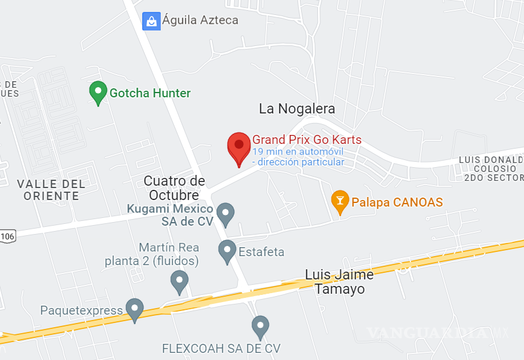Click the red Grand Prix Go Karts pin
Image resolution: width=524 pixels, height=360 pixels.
pyautogui.click(x=239, y=147)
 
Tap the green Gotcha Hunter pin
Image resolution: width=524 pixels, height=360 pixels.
pyautogui.click(x=98, y=93)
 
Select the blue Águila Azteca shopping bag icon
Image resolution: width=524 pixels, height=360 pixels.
pyautogui.click(x=151, y=21)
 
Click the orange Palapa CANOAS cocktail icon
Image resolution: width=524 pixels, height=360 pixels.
pyautogui.click(x=340, y=201)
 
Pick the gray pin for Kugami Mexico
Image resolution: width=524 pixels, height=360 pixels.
pyautogui.click(x=225, y=214)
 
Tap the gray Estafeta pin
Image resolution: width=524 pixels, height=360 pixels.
pyautogui.click(x=227, y=251)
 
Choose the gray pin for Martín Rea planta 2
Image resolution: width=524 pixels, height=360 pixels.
pyautogui.click(x=179, y=281)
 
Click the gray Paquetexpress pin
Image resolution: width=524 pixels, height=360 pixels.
pyautogui.click(x=134, y=309)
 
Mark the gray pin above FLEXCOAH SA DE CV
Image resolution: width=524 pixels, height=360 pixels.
pyautogui.click(x=260, y=327)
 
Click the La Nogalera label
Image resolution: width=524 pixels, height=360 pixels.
pyautogui.click(x=297, y=109)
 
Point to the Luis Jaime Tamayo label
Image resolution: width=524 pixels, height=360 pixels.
pyautogui.click(x=339, y=282)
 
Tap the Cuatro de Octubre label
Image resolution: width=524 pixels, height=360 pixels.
pyautogui.click(x=174, y=188)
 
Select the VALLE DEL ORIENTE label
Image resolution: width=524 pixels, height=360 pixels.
pyautogui.click(x=51, y=190)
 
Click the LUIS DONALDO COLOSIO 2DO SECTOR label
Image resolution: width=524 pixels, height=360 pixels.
pyautogui.click(x=491, y=168)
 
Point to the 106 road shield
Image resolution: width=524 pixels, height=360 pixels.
pyautogui.click(x=7, y=236)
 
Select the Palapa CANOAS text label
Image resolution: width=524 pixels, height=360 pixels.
pyautogui.click(x=397, y=202)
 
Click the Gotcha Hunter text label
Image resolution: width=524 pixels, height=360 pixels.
pyautogui.click(x=150, y=93)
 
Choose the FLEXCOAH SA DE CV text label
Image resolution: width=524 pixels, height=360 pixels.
pyautogui.click(x=221, y=348)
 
